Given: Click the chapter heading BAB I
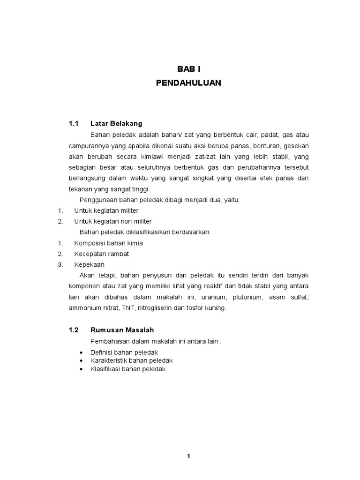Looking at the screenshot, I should point(188,69).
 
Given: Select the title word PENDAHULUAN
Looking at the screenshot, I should point(188,83).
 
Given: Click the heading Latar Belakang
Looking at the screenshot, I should point(116,124).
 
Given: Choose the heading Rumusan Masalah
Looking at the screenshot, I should point(122,330).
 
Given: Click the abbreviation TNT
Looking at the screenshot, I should point(128,308).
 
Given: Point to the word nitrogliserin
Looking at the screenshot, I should point(159,308).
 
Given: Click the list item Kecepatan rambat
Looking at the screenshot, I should point(101,254).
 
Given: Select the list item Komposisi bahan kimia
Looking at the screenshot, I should point(108,243).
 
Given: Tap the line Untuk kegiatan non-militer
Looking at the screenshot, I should point(113,221).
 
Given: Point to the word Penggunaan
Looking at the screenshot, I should point(98,200).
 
